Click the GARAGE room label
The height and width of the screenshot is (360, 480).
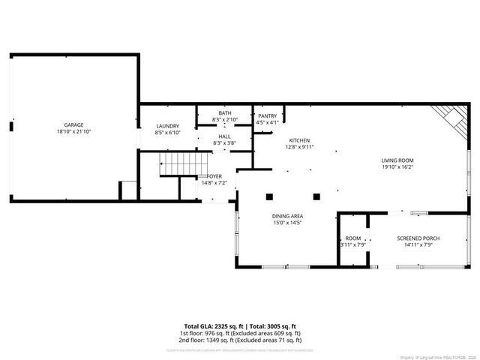pos(73,124)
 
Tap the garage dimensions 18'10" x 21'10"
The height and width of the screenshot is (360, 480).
pos(73,131)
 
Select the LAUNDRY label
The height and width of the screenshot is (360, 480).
pos(167,126)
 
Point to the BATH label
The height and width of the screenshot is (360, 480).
pos(225,113)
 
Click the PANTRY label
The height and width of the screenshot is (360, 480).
pos(267,116)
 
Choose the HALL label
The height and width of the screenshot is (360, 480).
pos(224,136)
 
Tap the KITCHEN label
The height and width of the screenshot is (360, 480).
pos(299,140)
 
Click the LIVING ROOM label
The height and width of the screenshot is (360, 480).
pos(397,160)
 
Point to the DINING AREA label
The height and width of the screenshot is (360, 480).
pos(287,216)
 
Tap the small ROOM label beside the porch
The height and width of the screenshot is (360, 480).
pos(352,238)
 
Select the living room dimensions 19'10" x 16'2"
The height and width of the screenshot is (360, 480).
pos(397,167)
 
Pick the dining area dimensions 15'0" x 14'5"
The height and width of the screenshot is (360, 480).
pos(287,223)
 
